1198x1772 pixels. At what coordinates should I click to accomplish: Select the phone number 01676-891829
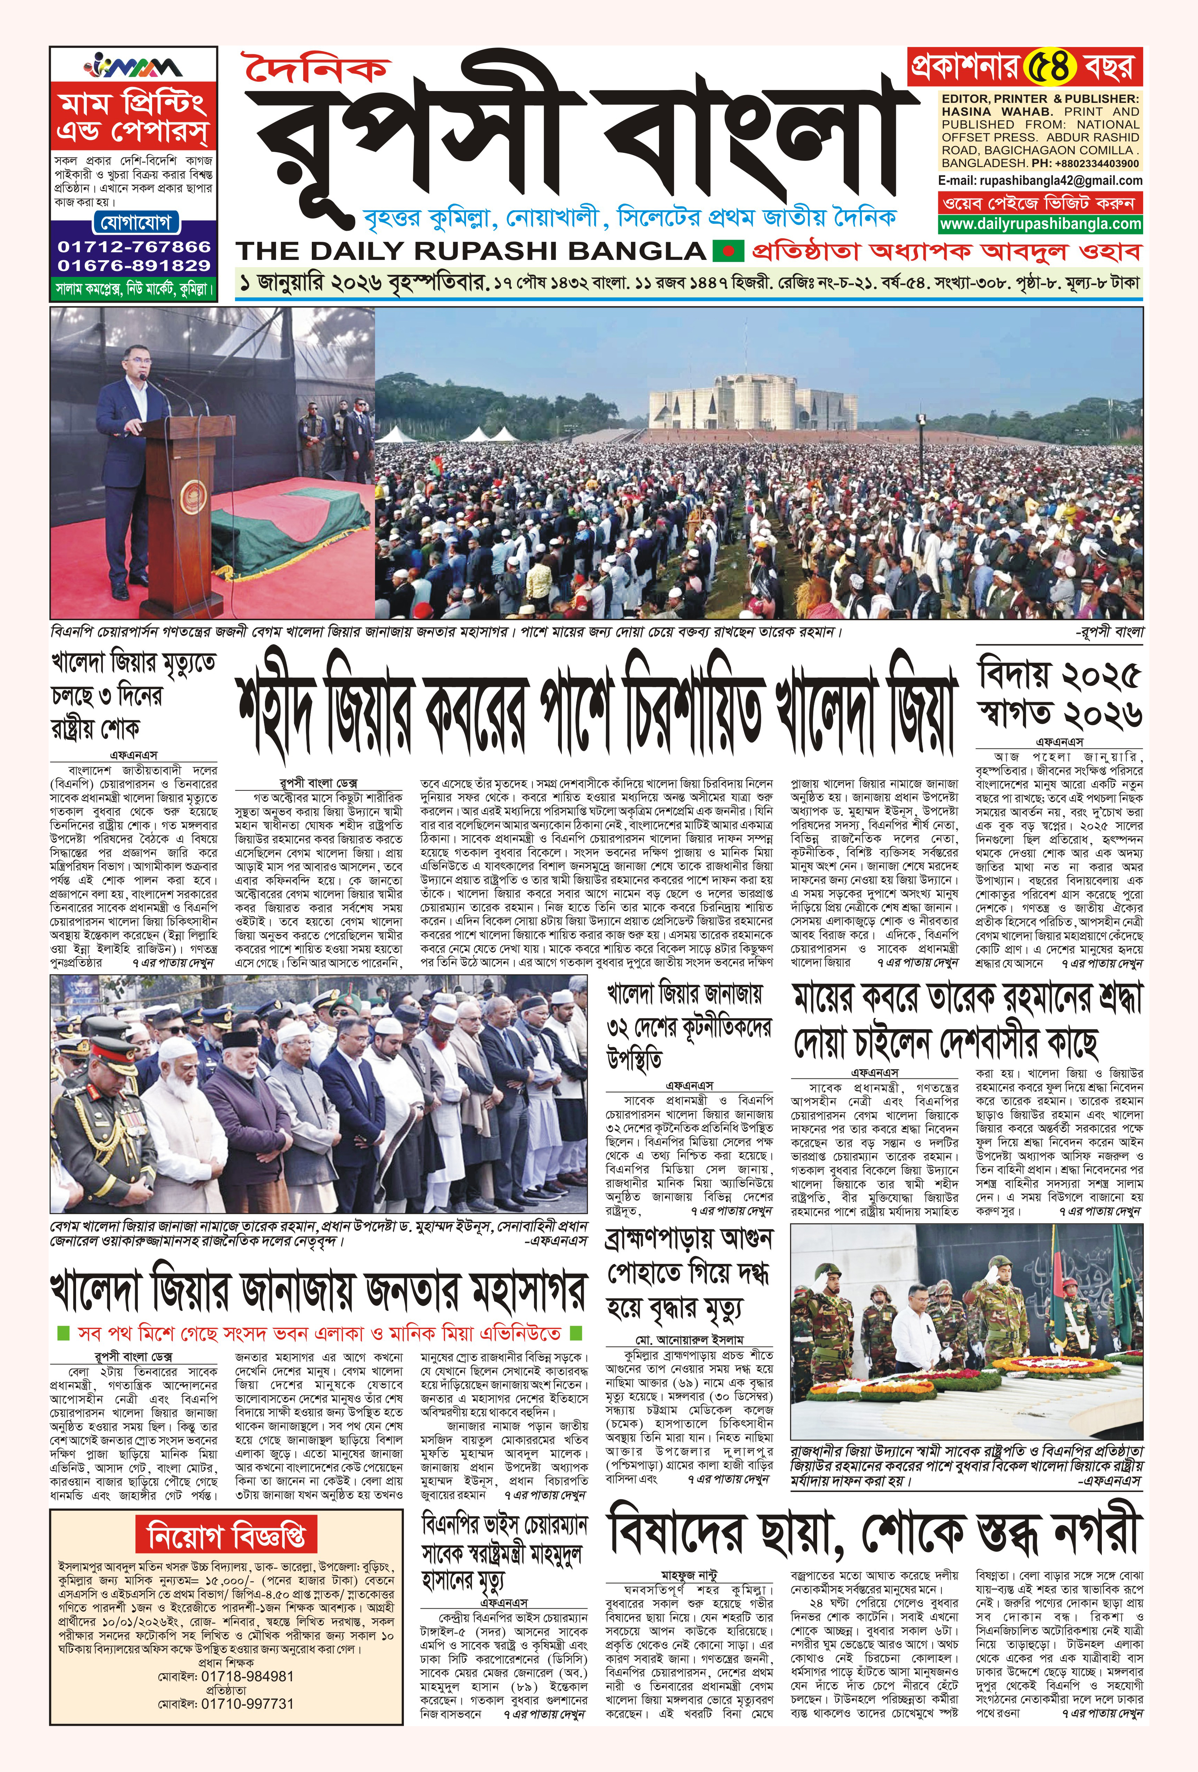pos(133,265)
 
